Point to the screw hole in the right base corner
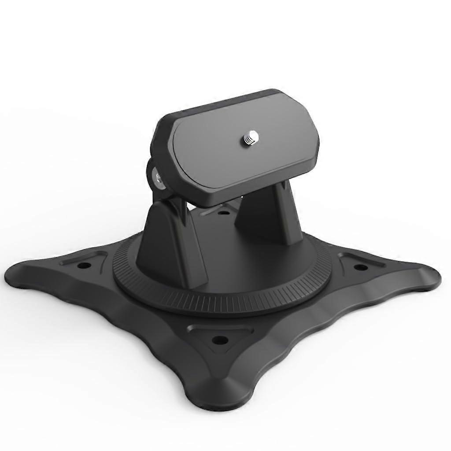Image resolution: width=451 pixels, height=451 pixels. coord(359,267)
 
